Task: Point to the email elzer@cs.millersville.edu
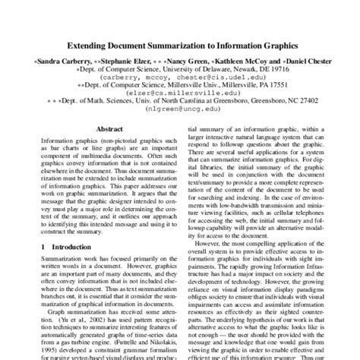180,94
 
